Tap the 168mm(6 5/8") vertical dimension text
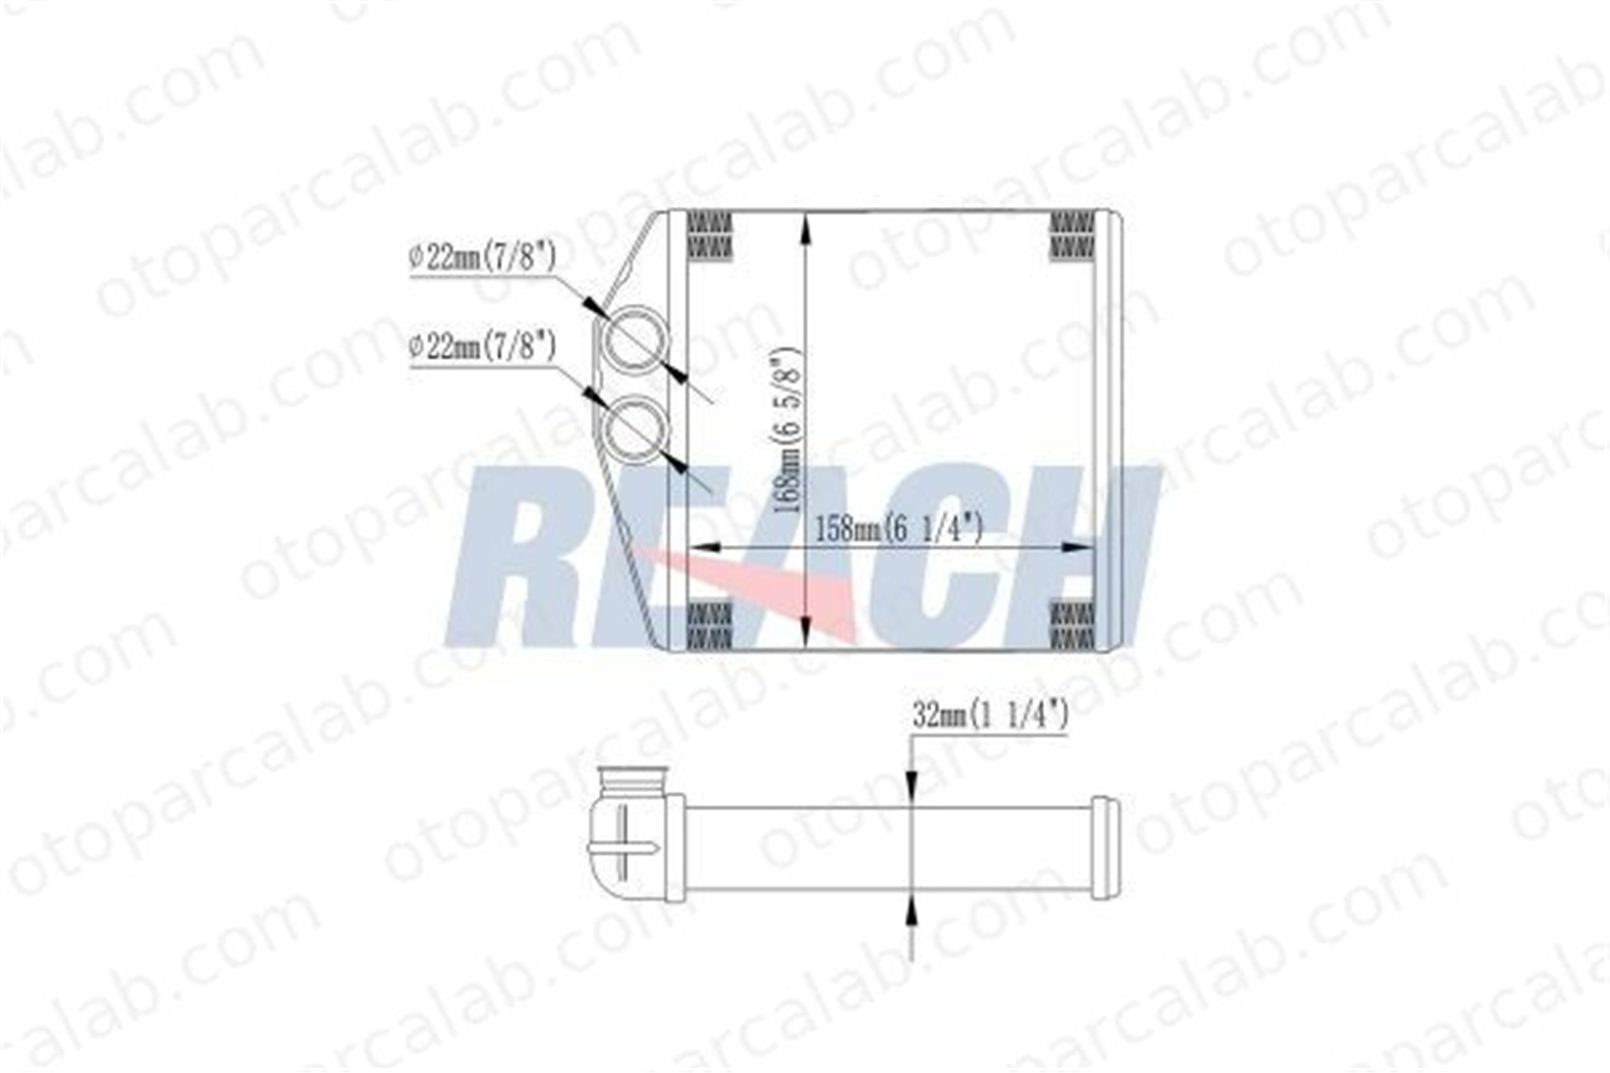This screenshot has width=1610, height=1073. pyautogui.click(x=786, y=431)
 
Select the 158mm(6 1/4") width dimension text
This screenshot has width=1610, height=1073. pyautogui.click(x=899, y=529)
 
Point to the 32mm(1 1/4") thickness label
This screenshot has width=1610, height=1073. pyautogui.click(x=990, y=715)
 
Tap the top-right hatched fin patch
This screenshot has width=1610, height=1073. pyautogui.click(x=1072, y=236)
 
